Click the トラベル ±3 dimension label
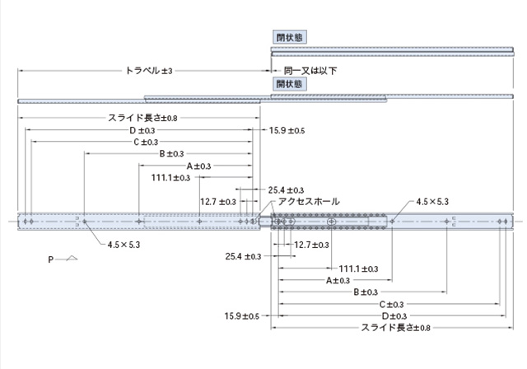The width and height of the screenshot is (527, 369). pyautogui.click(x=148, y=72)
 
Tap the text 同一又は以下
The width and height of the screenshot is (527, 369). pyautogui.click(x=310, y=71)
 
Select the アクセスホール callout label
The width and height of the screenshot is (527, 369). pyautogui.click(x=308, y=201)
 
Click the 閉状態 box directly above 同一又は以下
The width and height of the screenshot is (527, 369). pyautogui.click(x=289, y=37)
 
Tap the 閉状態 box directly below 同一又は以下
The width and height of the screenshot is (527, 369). pyautogui.click(x=289, y=83)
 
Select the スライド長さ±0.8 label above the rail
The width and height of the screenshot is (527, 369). pyautogui.click(x=142, y=119)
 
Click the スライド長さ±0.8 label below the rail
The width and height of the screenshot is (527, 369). pyautogui.click(x=396, y=327)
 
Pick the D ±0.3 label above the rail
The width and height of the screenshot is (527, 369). pyautogui.click(x=143, y=130)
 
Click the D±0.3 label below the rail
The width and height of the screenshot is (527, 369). pyautogui.click(x=394, y=315)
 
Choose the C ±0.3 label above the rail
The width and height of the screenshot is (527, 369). pyautogui.click(x=146, y=142)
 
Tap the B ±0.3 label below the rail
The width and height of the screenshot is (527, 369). pyautogui.click(x=366, y=292)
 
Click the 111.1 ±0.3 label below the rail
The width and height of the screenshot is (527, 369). pyautogui.click(x=359, y=269)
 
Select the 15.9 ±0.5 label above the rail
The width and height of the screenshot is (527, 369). pyautogui.click(x=287, y=131)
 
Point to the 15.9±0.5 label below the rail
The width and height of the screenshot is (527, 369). pyautogui.click(x=242, y=315)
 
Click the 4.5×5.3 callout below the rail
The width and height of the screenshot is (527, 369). pyautogui.click(x=124, y=245)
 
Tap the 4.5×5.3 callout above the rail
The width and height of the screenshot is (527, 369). pyautogui.click(x=431, y=201)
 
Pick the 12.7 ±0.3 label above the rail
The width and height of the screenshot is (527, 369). pyautogui.click(x=218, y=201)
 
